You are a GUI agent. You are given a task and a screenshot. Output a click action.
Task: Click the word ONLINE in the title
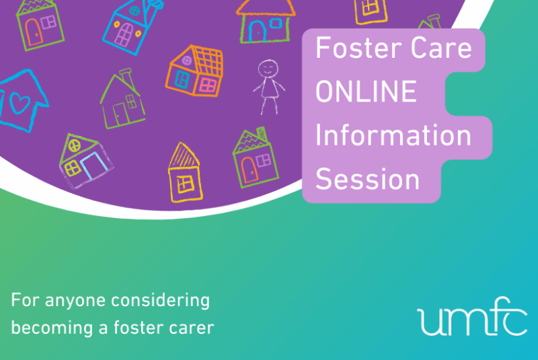(x=366, y=92)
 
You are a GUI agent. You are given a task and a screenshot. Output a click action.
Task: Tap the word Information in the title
(x=393, y=135)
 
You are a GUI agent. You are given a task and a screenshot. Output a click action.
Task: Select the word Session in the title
(x=367, y=179)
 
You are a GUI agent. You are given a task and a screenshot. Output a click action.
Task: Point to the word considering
(x=160, y=301)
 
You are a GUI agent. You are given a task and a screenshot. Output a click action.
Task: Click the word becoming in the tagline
(x=52, y=328)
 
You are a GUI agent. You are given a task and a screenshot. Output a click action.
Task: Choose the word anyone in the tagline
(x=75, y=301)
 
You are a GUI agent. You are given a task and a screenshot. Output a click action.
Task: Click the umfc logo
(x=472, y=316)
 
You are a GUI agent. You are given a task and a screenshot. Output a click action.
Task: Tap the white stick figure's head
(x=268, y=68)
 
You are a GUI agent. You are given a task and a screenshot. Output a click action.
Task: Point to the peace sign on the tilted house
(x=74, y=145)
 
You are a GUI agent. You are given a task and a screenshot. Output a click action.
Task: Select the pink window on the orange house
(x=208, y=85)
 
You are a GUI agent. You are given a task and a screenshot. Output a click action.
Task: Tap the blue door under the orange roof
(x=257, y=32)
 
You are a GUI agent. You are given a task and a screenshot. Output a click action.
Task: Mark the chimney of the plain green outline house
(x=128, y=77)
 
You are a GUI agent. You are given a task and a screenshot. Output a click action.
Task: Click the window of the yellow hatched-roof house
(x=186, y=184)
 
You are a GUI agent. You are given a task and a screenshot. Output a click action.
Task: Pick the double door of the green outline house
(x=120, y=114)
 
